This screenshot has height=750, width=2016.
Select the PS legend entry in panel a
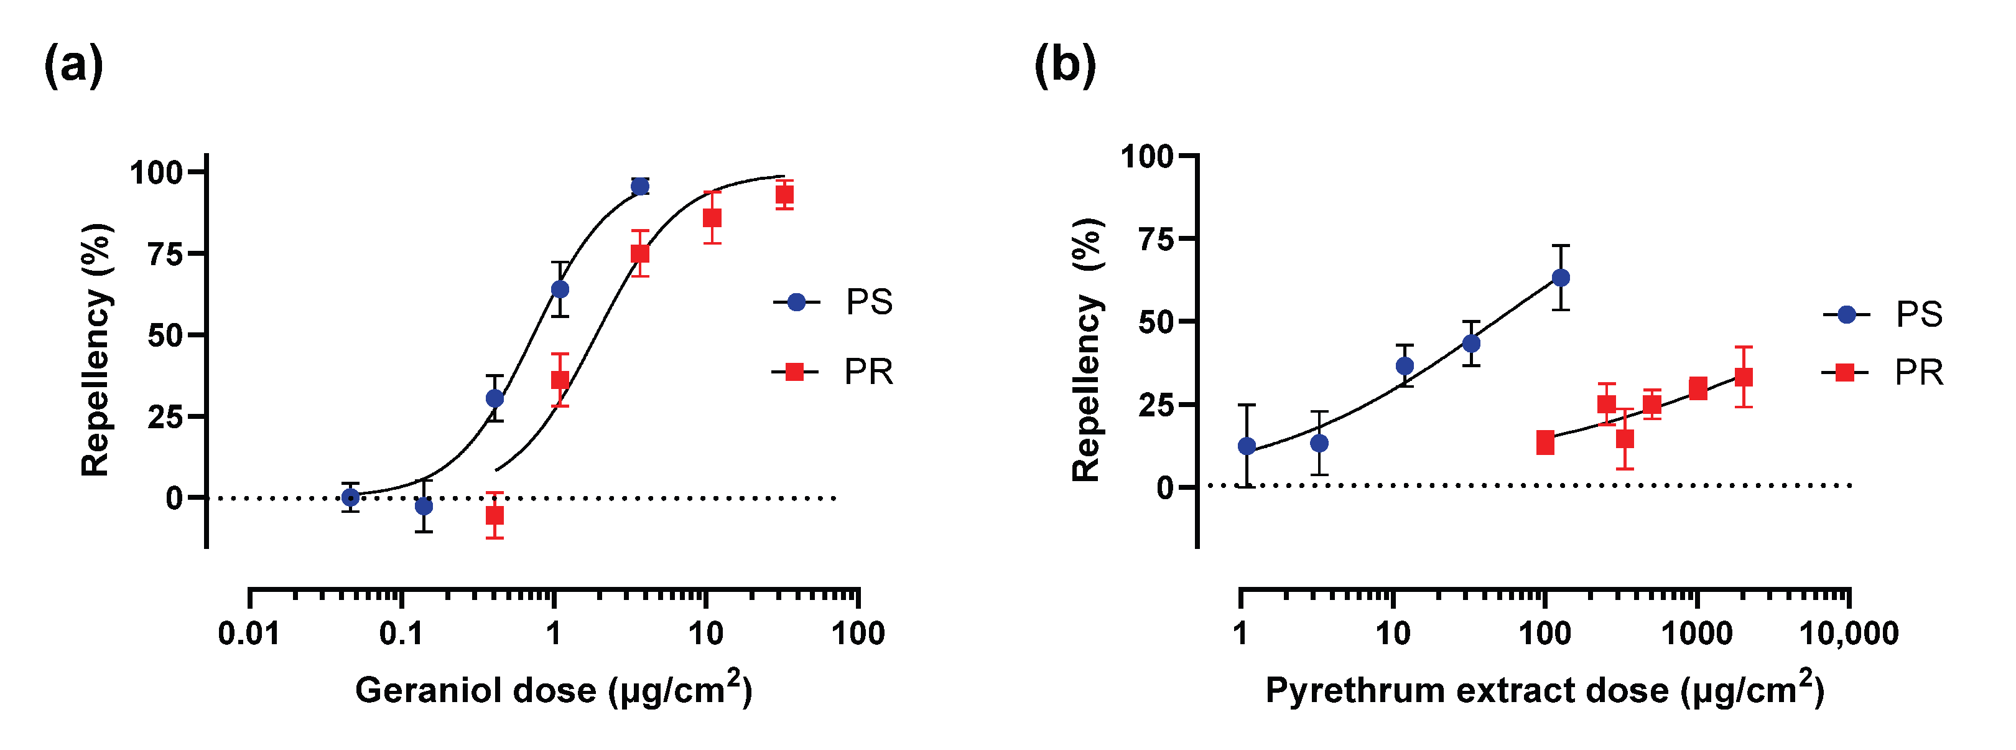tap(834, 302)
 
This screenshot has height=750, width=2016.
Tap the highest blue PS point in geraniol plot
tap(640, 186)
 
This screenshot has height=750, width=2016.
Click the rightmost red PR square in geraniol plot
tap(785, 195)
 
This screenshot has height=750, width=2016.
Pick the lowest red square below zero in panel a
tap(495, 516)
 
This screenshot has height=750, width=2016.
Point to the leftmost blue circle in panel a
tap(351, 497)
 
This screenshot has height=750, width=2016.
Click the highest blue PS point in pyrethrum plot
tap(1561, 278)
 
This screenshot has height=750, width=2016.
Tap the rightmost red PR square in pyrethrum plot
tap(1744, 377)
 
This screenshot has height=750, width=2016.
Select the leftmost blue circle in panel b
tap(1247, 446)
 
